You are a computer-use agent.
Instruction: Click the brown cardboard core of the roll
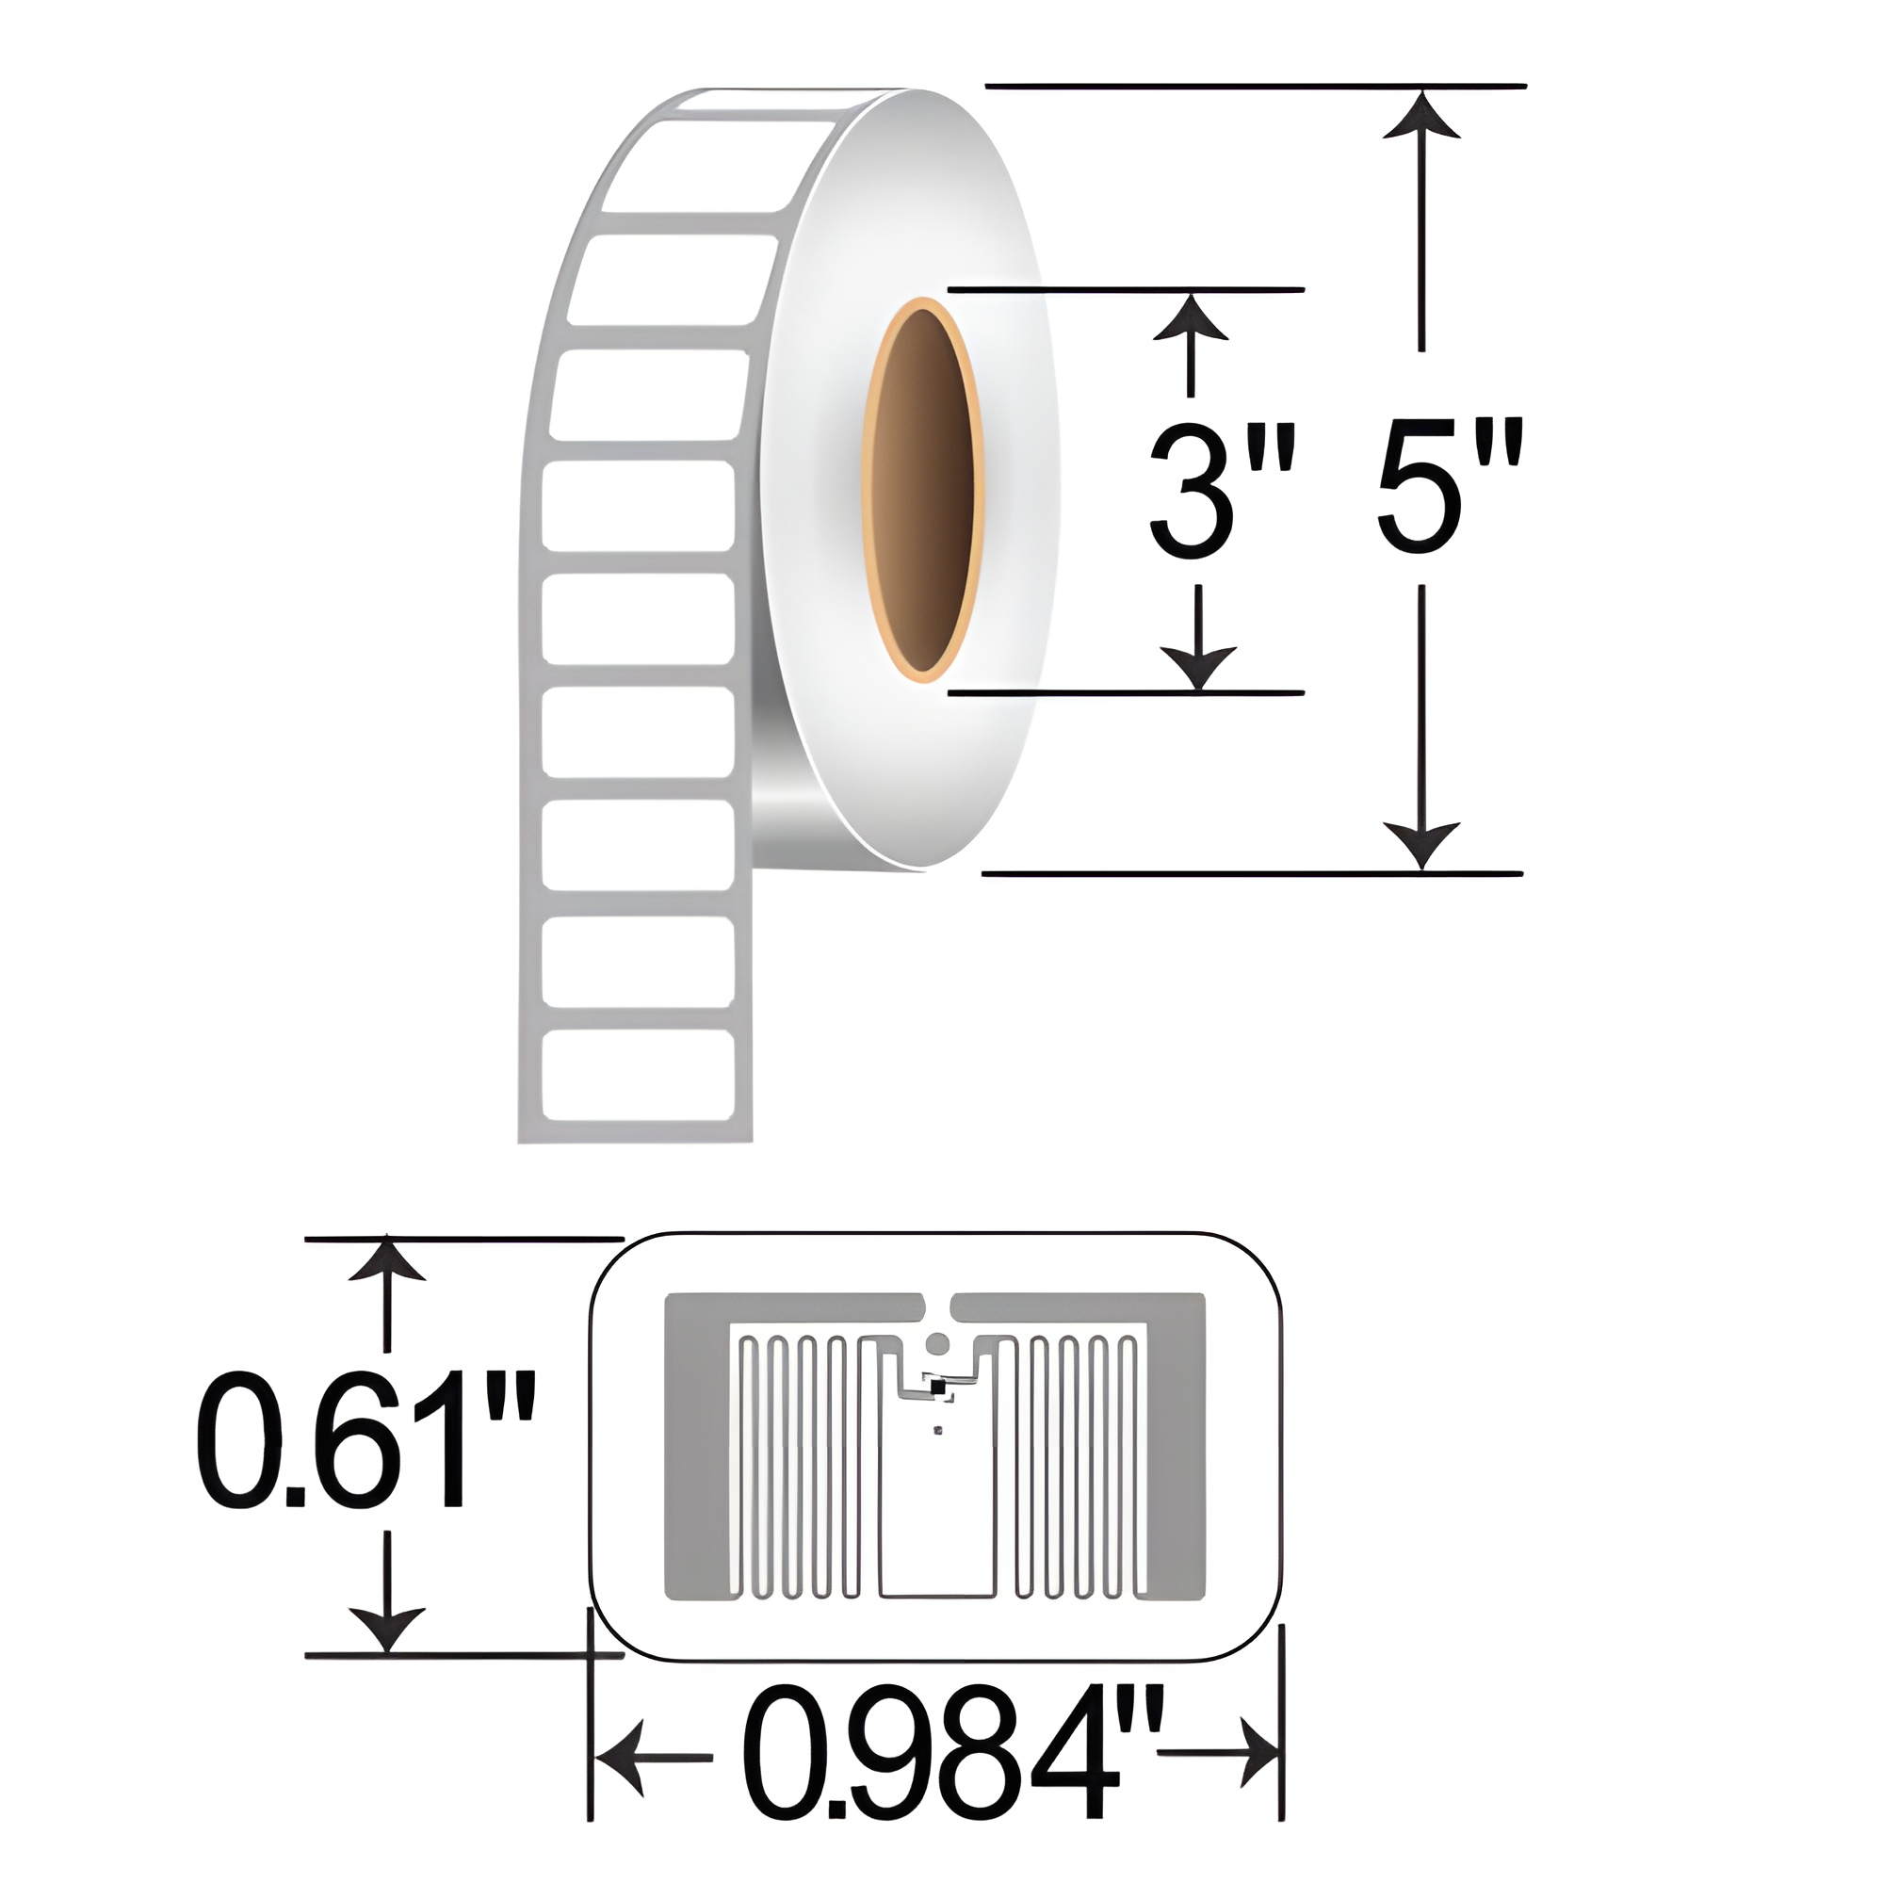[x=924, y=492]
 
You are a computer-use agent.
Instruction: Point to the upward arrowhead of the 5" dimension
[x=1421, y=114]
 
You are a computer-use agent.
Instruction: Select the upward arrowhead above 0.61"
[x=387, y=1263]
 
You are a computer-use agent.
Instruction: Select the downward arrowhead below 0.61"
[x=387, y=1630]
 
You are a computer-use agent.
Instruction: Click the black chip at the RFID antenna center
[x=936, y=1387]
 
